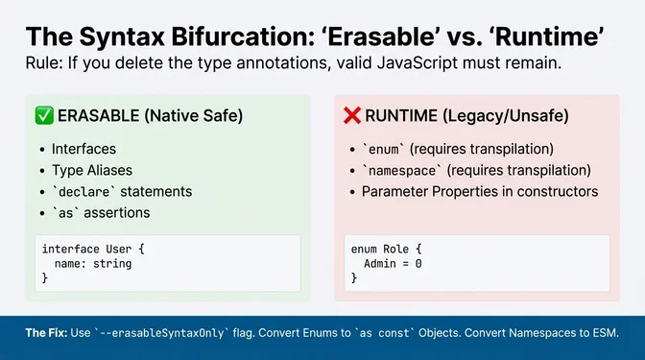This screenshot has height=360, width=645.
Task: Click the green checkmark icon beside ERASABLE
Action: pyautogui.click(x=43, y=116)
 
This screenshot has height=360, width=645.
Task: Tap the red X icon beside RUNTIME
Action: pyautogui.click(x=352, y=116)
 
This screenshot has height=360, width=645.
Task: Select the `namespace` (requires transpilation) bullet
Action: pyautogui.click(x=476, y=171)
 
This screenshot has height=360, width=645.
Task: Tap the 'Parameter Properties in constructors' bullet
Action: pyautogui.click(x=480, y=191)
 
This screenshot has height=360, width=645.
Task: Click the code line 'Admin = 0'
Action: pyautogui.click(x=393, y=262)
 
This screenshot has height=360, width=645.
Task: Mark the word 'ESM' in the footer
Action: pyautogui.click(x=602, y=332)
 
